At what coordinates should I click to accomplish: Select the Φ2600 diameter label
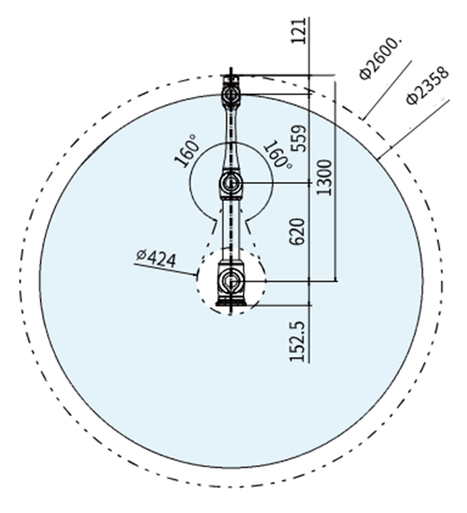(379, 62)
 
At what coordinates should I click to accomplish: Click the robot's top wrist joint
(231, 93)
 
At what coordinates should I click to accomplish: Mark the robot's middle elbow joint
(231, 184)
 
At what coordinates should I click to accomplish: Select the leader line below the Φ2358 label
(413, 130)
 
